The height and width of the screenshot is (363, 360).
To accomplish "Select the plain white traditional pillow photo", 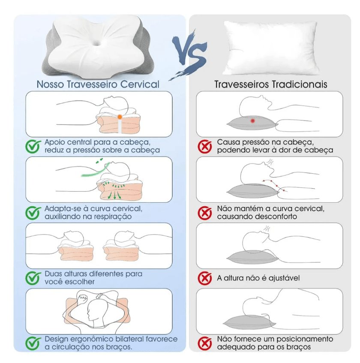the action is click(x=271, y=48).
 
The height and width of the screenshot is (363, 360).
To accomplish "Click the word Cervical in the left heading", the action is click(x=140, y=84).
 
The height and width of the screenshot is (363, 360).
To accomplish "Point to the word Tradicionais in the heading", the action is click(x=299, y=84).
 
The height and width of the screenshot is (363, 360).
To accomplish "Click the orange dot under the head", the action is click(x=120, y=117).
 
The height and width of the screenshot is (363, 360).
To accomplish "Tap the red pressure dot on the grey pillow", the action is click(x=252, y=121).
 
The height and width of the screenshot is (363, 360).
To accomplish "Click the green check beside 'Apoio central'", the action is click(x=33, y=146).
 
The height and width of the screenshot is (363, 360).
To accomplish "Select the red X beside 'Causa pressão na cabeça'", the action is click(x=205, y=146).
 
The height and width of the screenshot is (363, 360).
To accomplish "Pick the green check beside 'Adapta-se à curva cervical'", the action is click(x=33, y=213).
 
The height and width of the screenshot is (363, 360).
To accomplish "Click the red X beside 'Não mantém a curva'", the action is click(x=205, y=213).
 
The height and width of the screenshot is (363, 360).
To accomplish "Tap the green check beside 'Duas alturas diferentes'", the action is click(x=33, y=278).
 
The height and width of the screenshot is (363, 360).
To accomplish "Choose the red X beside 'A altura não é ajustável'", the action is click(x=205, y=278).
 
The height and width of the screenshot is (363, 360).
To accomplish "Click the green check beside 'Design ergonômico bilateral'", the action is click(x=33, y=343).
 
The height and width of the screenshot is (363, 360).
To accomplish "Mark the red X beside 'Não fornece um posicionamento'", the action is click(x=205, y=343).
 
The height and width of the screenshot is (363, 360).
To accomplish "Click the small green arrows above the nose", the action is click(x=99, y=161).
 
